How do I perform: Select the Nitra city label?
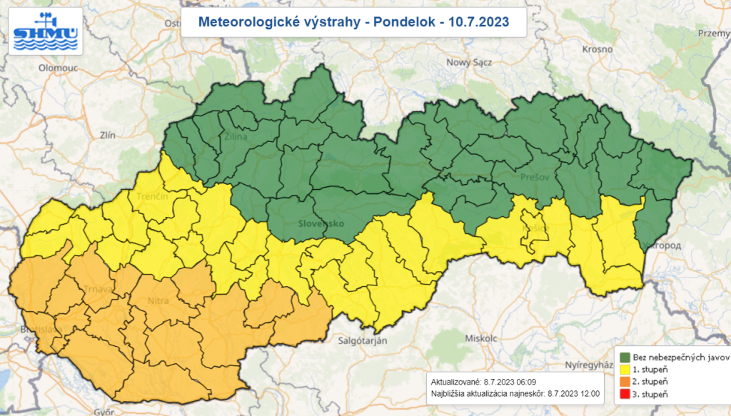click(x=158, y=300)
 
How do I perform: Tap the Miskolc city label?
click(x=480, y=338)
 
